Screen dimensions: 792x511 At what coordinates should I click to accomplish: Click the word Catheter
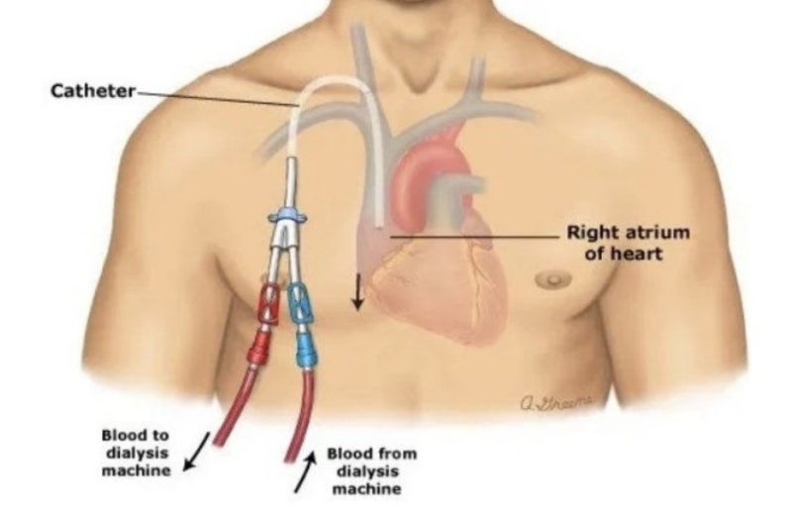[93, 91]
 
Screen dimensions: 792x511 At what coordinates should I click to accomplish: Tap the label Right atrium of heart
[628, 242]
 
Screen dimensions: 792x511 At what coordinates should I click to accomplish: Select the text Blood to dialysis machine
[136, 453]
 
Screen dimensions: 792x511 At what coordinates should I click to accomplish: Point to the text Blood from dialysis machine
[372, 471]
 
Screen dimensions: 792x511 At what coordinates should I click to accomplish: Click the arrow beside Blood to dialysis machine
[196, 452]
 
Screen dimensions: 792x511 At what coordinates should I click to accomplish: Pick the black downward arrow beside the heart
[358, 291]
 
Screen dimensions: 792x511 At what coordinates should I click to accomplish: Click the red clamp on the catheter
[269, 304]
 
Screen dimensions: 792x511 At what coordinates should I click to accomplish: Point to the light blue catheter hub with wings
[287, 216]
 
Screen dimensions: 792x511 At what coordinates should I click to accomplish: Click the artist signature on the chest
[556, 402]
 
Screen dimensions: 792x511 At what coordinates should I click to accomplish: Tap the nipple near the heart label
[553, 278]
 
